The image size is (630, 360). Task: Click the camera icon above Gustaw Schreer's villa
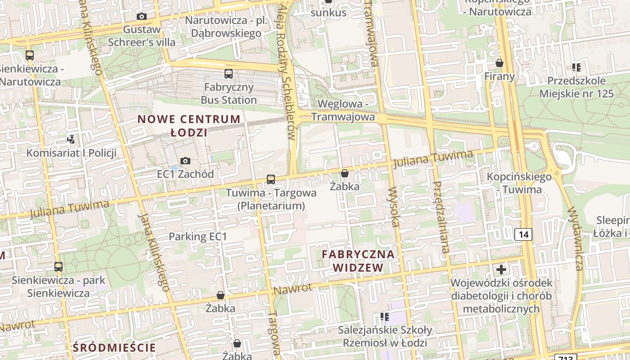tap(142, 17)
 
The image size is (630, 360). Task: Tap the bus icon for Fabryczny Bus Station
tap(229, 73)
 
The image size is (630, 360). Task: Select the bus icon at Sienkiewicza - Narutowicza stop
tap(30, 56)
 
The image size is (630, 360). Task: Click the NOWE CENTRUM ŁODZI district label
tap(189, 126)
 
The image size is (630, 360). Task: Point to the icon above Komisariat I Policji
tap(71, 139)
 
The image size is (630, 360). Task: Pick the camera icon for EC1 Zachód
tap(185, 161)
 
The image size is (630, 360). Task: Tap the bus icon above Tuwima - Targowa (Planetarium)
tap(271, 180)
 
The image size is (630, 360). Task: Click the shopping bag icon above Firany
tap(499, 63)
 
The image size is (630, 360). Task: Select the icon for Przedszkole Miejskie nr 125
tap(576, 68)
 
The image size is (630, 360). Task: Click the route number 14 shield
tap(523, 234)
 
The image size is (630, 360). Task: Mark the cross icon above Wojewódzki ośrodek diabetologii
tap(501, 270)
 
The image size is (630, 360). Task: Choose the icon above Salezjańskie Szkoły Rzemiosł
tap(384, 317)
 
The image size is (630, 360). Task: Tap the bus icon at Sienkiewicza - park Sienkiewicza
tap(58, 267)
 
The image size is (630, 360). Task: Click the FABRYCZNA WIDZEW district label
tap(358, 261)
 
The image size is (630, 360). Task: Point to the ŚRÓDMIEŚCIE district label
tap(114, 347)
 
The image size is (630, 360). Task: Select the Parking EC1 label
tap(198, 237)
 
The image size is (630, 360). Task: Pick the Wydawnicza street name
tap(576, 238)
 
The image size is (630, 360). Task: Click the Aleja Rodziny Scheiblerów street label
tap(288, 72)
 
